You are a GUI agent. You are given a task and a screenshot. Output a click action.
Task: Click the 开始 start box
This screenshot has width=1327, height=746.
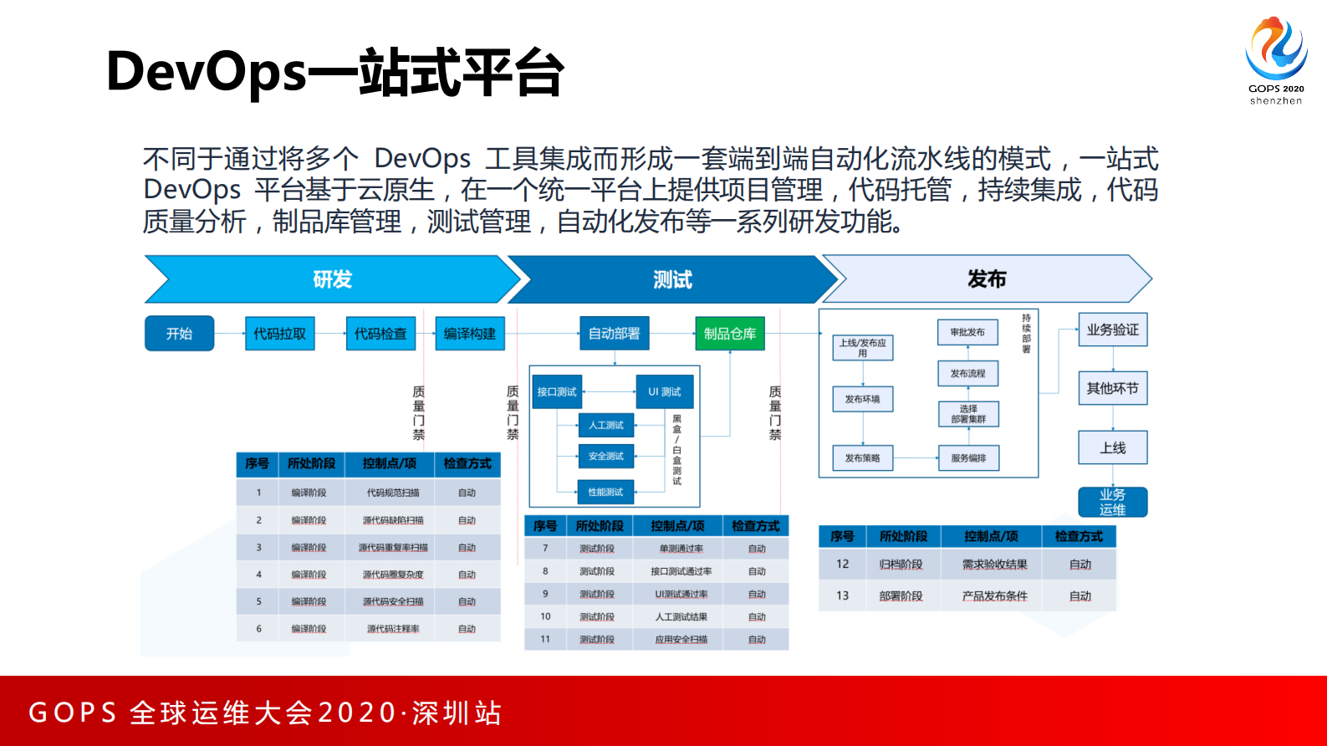click(x=179, y=334)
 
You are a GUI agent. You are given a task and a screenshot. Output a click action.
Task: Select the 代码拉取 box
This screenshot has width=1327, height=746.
click(x=279, y=334)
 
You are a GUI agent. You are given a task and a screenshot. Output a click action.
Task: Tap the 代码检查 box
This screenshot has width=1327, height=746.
click(x=380, y=334)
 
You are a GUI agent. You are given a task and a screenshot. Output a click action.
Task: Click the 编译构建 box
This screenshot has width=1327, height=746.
click(x=469, y=334)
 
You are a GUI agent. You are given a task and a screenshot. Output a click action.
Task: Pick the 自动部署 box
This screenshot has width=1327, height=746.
click(x=614, y=334)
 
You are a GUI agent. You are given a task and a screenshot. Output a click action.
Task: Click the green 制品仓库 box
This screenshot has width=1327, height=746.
click(x=729, y=334)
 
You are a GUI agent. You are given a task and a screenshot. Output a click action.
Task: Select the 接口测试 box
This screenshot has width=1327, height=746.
click(x=556, y=391)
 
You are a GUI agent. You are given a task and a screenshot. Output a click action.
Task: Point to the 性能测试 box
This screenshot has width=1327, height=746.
click(x=605, y=492)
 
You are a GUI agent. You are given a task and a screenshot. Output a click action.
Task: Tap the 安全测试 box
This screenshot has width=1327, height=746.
click(x=605, y=456)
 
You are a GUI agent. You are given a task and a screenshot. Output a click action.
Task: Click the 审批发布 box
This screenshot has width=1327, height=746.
click(x=967, y=332)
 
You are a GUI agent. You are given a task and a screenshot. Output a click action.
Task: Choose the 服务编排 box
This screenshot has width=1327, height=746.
click(x=968, y=458)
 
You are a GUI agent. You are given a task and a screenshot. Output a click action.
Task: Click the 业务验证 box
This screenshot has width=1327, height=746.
click(x=1112, y=330)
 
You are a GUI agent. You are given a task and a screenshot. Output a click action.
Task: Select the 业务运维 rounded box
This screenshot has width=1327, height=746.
click(x=1112, y=502)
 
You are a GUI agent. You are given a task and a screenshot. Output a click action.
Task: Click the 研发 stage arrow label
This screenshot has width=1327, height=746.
click(x=332, y=279)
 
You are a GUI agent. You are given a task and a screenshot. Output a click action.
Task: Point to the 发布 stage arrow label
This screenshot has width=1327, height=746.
click(x=987, y=279)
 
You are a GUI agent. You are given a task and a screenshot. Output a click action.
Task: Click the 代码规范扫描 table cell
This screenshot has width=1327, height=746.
click(x=393, y=493)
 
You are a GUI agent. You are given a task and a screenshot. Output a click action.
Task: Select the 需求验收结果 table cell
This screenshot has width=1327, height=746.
click(x=994, y=565)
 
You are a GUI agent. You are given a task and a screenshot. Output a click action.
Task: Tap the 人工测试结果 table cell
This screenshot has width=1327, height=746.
click(x=681, y=617)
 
